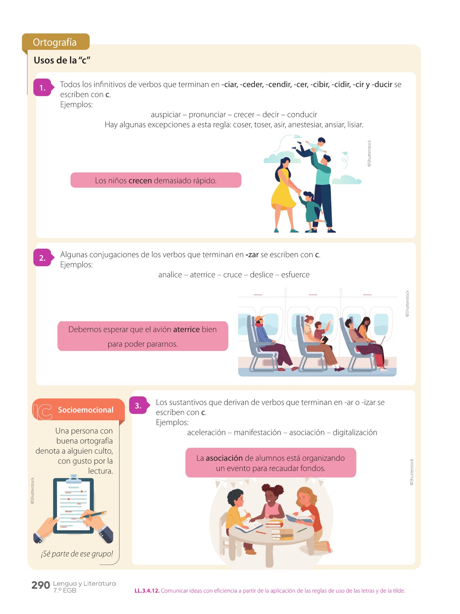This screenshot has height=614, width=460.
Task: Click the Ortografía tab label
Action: coord(55,42)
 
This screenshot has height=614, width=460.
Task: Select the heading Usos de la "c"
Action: coord(62,60)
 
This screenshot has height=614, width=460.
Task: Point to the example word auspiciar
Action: coord(166,115)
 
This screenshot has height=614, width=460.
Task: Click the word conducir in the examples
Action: coord(302,115)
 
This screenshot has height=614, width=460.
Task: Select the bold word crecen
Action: coord(140,181)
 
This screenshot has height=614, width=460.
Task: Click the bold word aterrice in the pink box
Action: coord(186,330)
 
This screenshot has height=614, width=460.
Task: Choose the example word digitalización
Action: coord(355,433)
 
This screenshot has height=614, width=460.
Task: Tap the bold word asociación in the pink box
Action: coord(224,458)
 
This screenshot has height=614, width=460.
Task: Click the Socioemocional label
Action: coord(86,410)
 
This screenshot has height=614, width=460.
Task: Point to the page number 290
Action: coord(41,585)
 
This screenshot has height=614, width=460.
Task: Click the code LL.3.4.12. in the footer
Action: coord(147,591)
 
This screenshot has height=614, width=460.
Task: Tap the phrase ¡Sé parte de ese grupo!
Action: coord(77,554)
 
